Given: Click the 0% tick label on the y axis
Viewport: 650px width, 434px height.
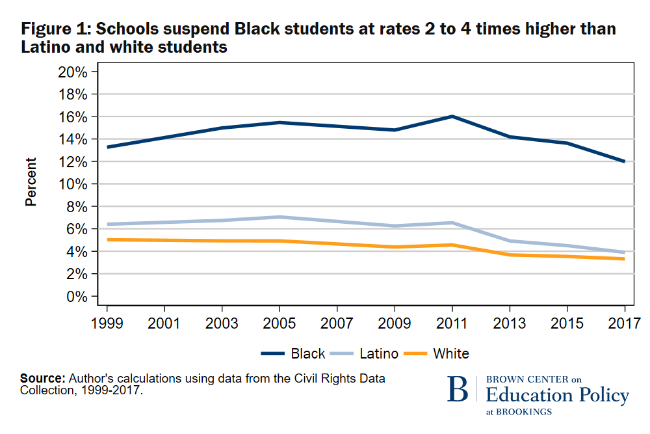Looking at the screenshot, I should coord(76,297).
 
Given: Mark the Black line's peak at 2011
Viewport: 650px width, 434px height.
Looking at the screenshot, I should coord(452,116).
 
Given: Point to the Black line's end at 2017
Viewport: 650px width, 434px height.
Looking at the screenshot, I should coord(624,161).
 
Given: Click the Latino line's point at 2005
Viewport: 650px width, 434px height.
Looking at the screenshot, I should coord(279,217).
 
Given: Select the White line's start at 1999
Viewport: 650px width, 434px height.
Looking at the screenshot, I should coord(107,239).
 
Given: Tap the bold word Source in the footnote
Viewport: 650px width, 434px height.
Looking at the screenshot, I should coord(42,378).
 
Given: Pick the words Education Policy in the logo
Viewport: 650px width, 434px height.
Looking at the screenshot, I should coord(557,395).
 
